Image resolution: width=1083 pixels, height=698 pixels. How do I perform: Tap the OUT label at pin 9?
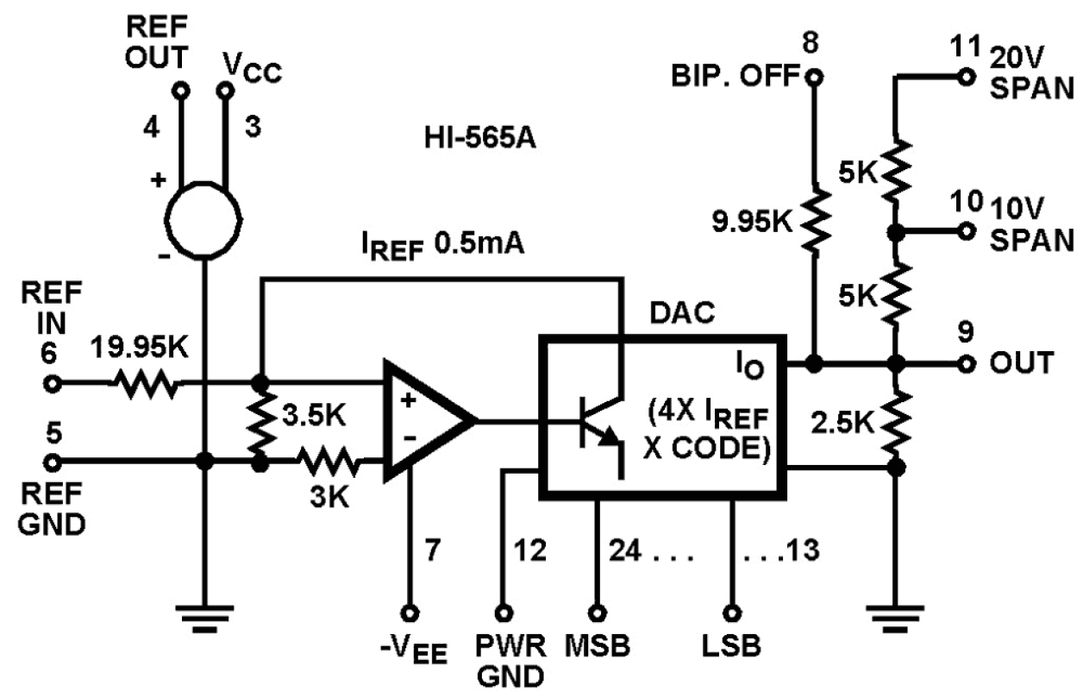coord(1029,363)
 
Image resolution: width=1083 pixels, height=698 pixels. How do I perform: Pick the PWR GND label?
coord(506,660)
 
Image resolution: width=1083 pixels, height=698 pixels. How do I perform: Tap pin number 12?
coord(529,550)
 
